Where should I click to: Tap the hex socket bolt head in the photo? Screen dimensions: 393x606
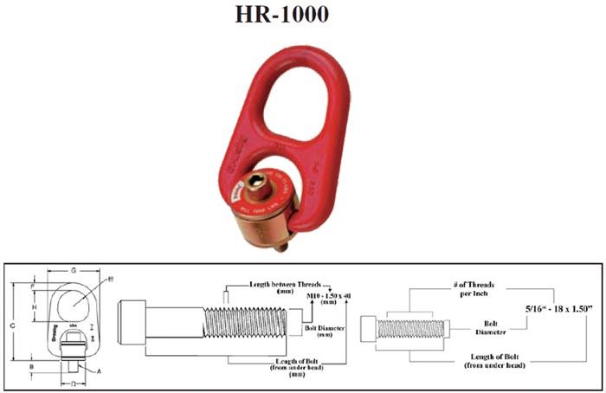pyautogui.click(x=260, y=187)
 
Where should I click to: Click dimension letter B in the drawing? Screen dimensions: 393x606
pyautogui.click(x=32, y=366)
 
